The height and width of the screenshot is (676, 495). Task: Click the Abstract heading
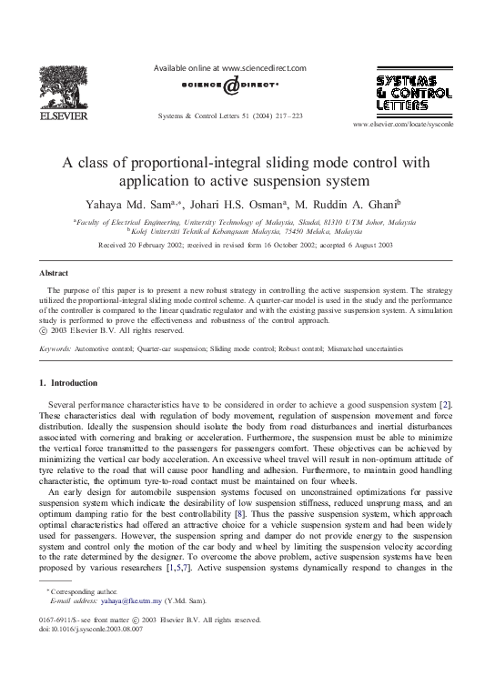(55, 273)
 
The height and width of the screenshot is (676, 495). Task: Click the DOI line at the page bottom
(85, 654)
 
